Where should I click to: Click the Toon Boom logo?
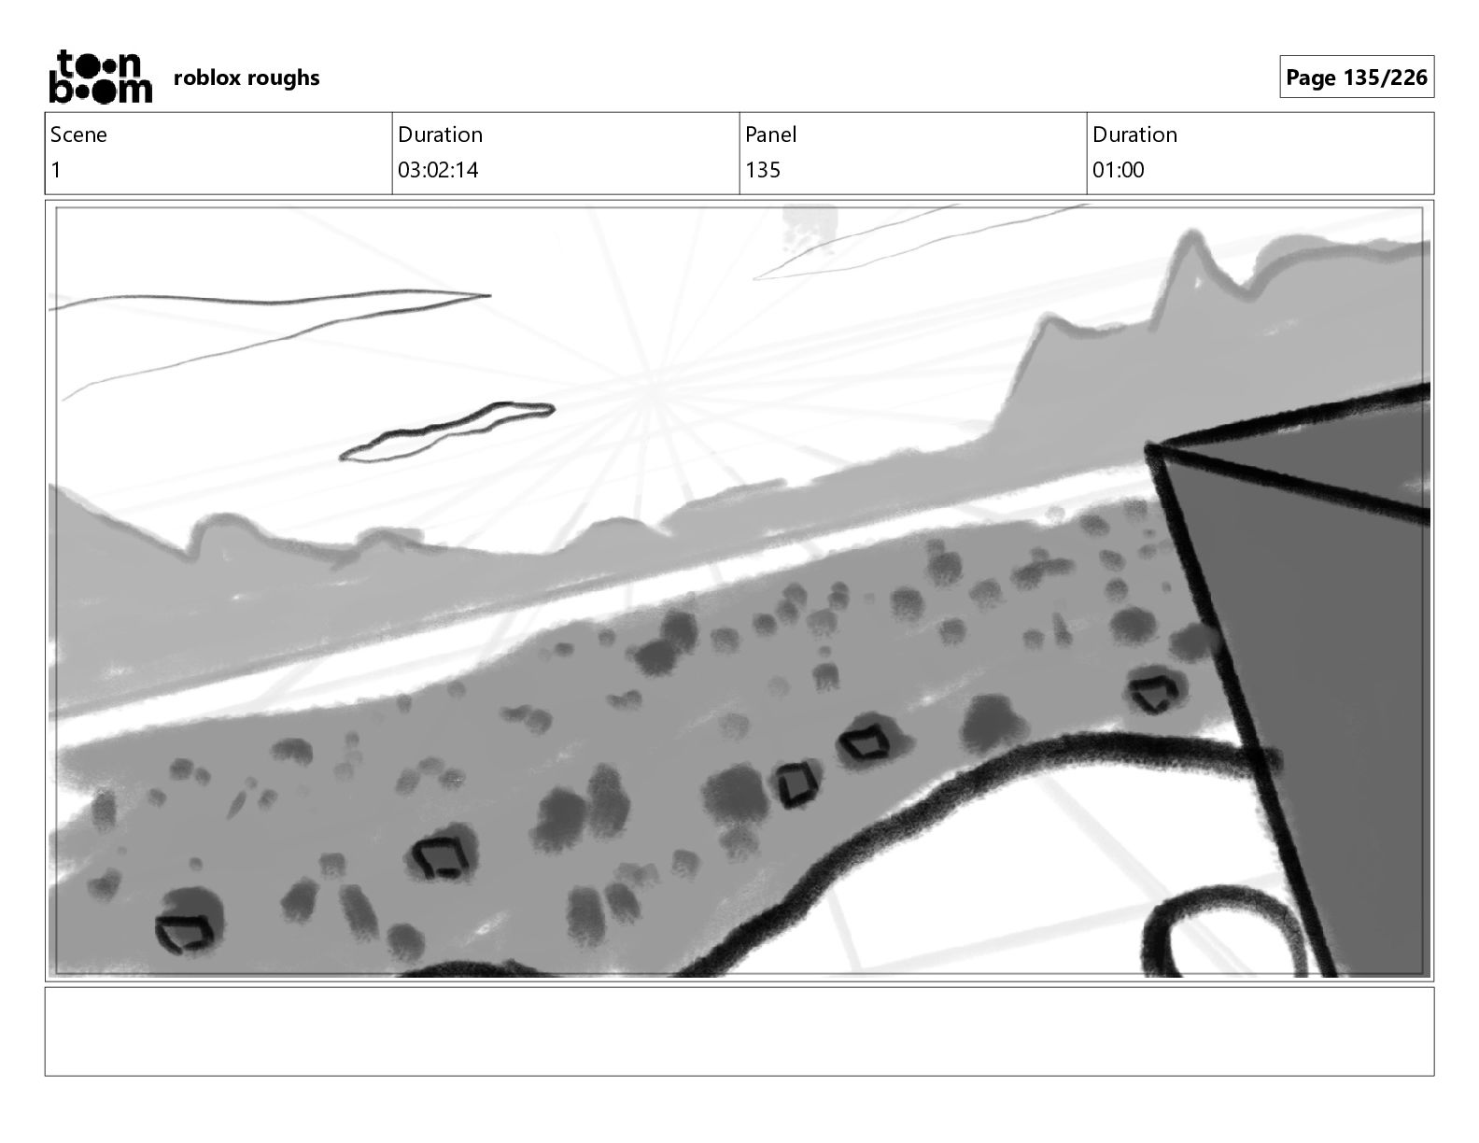pos(101,77)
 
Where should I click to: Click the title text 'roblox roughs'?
pos(246,78)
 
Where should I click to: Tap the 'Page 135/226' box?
pos(1356,77)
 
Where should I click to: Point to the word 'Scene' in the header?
pos(78,134)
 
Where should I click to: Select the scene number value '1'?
pos(56,170)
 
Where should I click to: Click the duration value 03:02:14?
pos(438,170)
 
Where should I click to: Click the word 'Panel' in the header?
pos(770,134)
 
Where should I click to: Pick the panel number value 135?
pos(762,170)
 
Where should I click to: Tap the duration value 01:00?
pos(1118,170)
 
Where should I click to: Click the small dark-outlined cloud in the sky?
pos(447,431)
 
